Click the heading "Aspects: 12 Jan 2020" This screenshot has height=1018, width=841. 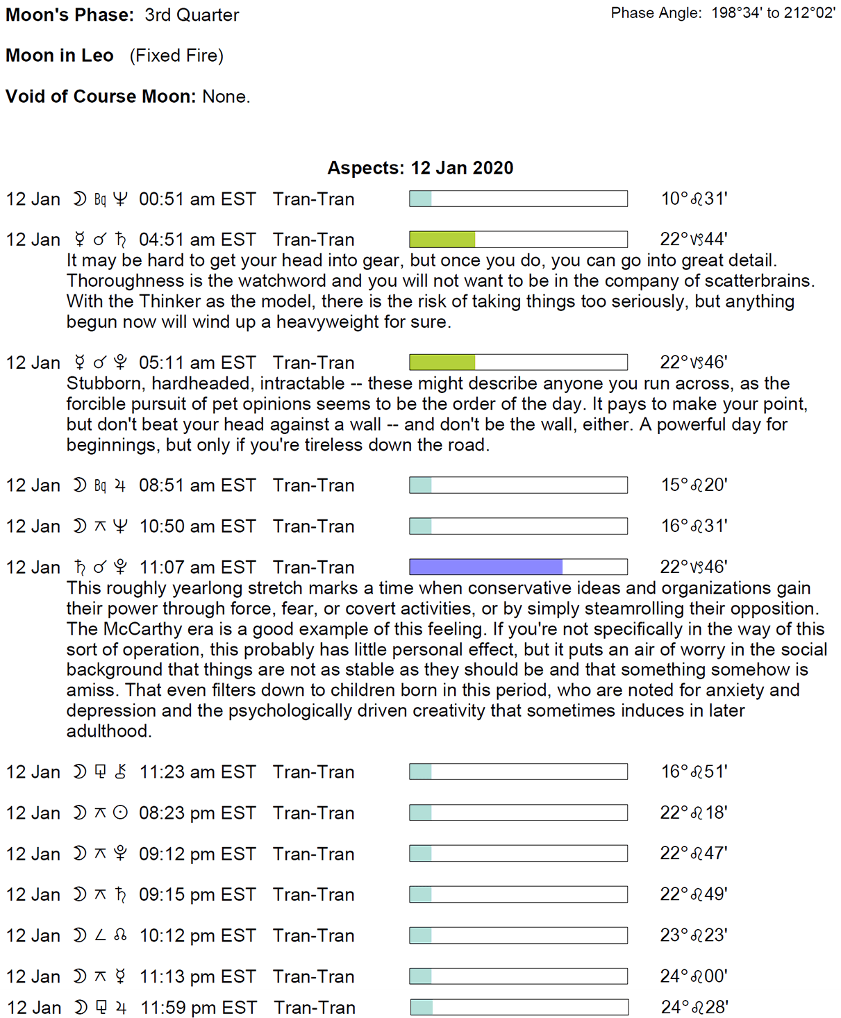point(420,168)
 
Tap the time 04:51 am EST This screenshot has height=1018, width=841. point(197,240)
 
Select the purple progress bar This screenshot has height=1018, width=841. point(485,567)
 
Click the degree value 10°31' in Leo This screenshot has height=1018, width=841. point(694,199)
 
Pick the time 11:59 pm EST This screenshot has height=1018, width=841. point(199,1008)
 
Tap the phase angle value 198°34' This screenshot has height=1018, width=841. point(735,13)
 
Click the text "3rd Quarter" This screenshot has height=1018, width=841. point(192,15)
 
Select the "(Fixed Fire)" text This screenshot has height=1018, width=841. point(176,56)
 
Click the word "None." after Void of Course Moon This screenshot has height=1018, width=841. point(226,97)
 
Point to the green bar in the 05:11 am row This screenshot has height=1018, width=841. point(442,362)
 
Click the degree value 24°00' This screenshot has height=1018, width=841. point(694,976)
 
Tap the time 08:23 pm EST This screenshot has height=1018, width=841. point(197,813)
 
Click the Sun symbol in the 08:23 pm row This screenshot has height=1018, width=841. point(120,812)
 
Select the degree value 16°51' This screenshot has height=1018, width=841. point(694,772)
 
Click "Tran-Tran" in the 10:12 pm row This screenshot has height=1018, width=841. point(313,935)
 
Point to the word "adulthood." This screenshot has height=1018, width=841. point(109,731)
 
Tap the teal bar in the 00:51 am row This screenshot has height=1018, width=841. point(421,199)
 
